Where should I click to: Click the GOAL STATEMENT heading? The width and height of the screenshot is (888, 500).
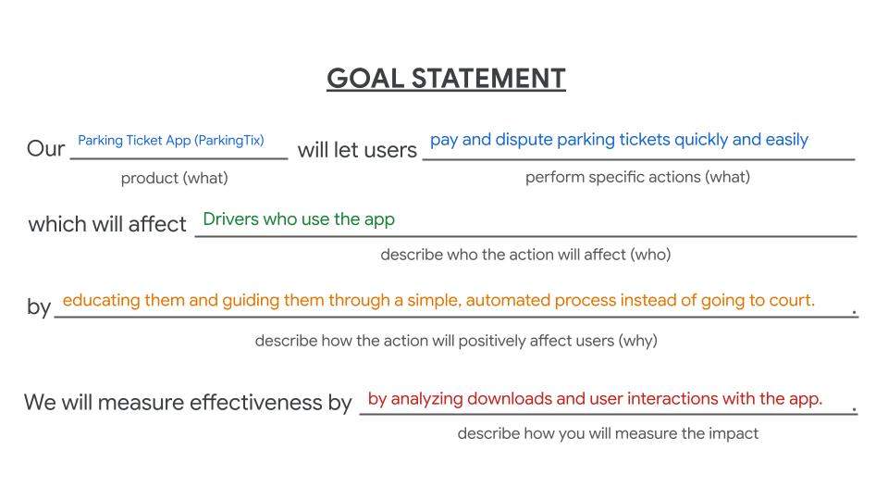[x=446, y=78]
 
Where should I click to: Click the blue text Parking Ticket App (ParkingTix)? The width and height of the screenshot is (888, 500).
[x=171, y=141]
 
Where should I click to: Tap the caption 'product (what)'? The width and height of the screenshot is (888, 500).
[x=175, y=179]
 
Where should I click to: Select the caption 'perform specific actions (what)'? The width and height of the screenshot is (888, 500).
[x=637, y=178]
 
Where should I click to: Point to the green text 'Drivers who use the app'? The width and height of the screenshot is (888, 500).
[x=299, y=220]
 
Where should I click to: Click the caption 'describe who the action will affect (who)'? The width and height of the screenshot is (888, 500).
[x=525, y=255]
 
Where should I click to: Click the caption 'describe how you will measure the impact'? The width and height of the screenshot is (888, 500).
[x=608, y=433]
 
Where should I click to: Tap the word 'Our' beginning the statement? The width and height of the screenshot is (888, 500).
[x=46, y=149]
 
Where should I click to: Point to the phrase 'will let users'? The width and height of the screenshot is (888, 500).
[x=357, y=150]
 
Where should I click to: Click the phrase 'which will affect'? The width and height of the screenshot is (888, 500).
[x=107, y=224]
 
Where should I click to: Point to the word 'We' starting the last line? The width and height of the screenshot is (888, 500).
[x=40, y=403]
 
